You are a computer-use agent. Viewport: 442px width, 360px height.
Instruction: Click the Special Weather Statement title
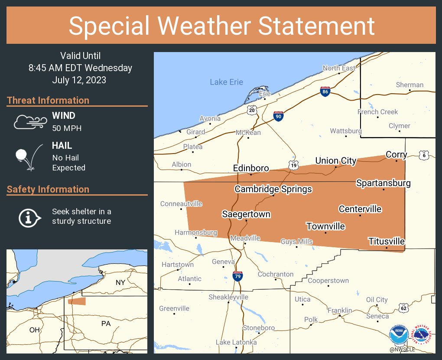(221, 26)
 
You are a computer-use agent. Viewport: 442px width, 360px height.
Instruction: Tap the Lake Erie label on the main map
(226, 82)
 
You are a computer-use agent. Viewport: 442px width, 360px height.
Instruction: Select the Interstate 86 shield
(325, 92)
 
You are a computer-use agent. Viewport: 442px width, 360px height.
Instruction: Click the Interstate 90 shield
(279, 116)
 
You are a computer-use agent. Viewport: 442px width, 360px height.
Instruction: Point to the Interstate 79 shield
(237, 276)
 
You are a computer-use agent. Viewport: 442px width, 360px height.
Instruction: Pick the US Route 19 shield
(293, 165)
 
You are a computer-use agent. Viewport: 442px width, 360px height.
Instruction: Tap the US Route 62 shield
(403, 308)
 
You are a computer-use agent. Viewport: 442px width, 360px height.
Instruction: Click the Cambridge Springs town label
(273, 189)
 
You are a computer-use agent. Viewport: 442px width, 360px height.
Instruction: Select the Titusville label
(386, 241)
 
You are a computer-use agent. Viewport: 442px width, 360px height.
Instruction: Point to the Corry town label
(396, 154)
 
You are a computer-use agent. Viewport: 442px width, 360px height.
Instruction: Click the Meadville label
(245, 238)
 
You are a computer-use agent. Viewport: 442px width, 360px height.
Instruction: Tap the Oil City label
(377, 300)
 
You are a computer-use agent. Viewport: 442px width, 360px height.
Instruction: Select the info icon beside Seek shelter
(29, 216)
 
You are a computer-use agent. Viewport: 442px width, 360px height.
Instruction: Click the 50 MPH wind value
(67, 128)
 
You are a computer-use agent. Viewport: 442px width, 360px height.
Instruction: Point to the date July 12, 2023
(79, 80)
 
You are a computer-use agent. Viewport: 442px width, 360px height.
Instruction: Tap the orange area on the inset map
(77, 301)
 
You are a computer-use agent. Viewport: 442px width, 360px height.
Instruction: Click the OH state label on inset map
(34, 330)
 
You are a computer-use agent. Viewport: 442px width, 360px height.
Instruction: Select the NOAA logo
(398, 335)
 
